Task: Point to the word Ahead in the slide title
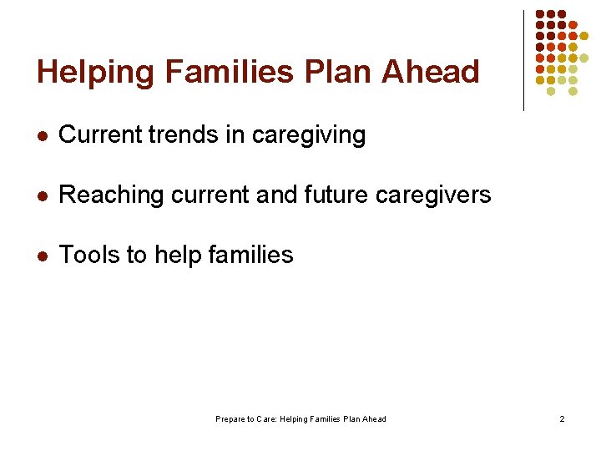tap(431, 73)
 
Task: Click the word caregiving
tap(308, 136)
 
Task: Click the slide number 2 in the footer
tap(562, 419)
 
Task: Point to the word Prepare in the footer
tap(229, 419)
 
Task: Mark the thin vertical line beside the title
tap(523, 60)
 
